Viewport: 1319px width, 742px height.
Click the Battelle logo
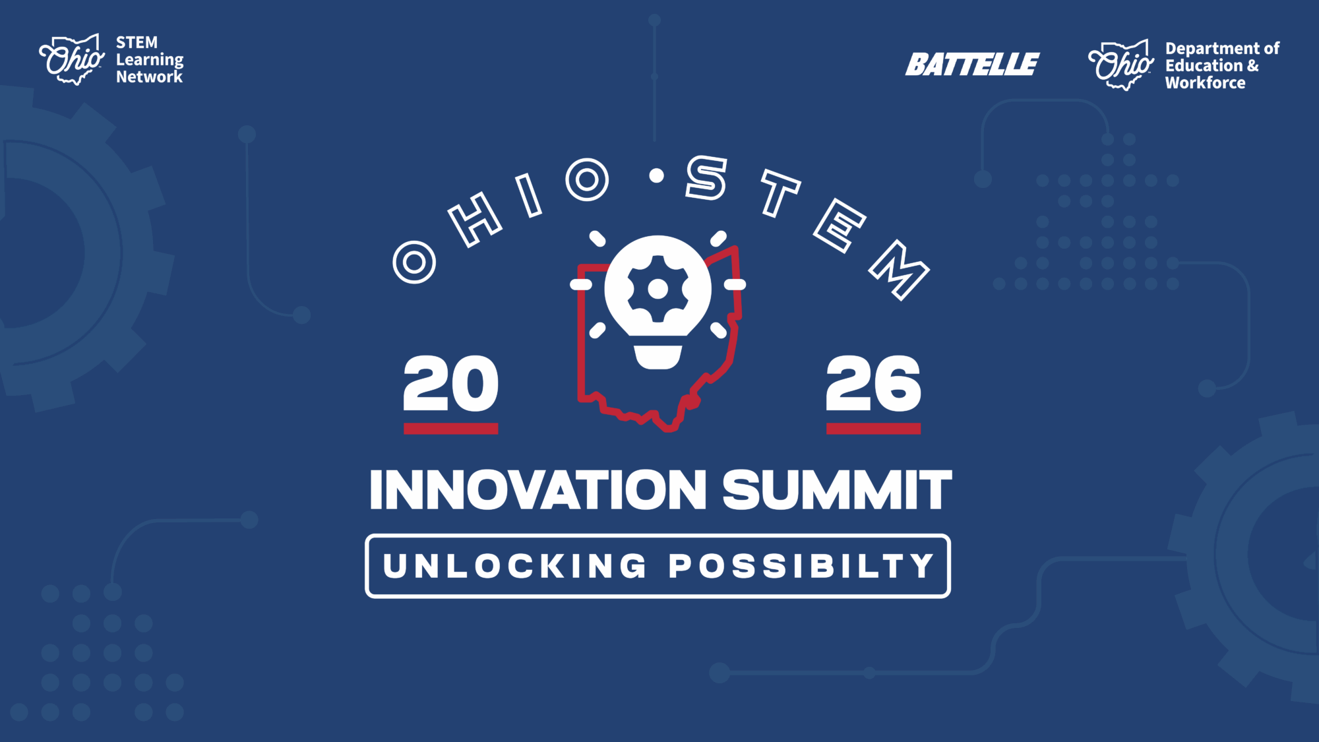[972, 65]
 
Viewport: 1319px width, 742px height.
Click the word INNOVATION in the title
[538, 490]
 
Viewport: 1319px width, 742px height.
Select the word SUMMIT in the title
[838, 490]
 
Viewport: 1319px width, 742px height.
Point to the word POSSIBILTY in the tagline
[801, 566]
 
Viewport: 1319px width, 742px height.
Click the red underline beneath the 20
[451, 429]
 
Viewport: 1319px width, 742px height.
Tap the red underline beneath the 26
[873, 429]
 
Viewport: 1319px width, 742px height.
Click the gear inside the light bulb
[658, 289]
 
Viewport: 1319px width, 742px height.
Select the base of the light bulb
[658, 357]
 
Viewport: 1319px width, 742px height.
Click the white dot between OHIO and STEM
[656, 175]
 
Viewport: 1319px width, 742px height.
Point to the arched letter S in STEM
[706, 177]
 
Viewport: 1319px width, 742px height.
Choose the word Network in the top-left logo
[149, 77]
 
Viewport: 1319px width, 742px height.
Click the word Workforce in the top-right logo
[1205, 83]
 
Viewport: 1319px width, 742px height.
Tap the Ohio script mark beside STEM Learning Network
[72, 59]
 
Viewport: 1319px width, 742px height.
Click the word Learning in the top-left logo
[150, 61]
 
